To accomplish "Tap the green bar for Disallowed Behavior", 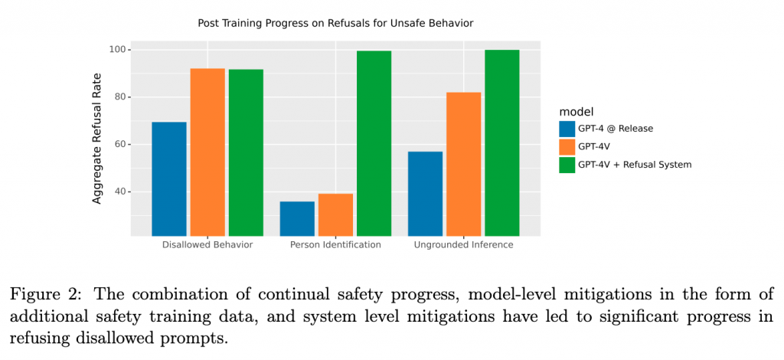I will pyautogui.click(x=246, y=152).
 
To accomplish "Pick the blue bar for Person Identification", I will pyautogui.click(x=297, y=218).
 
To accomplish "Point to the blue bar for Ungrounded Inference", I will pyautogui.click(x=425, y=193).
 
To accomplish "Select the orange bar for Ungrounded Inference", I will pyautogui.click(x=463, y=164).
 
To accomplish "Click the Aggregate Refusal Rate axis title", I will pyautogui.click(x=97, y=138).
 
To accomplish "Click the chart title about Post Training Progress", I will pyautogui.click(x=335, y=24).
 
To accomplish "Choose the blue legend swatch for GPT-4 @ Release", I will pyautogui.click(x=567, y=129).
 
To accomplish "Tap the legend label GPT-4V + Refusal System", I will pyautogui.click(x=635, y=164).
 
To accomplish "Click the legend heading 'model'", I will pyautogui.click(x=577, y=112).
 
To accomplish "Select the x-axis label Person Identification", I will pyautogui.click(x=335, y=245).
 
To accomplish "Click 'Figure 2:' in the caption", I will pyautogui.click(x=44, y=295).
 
